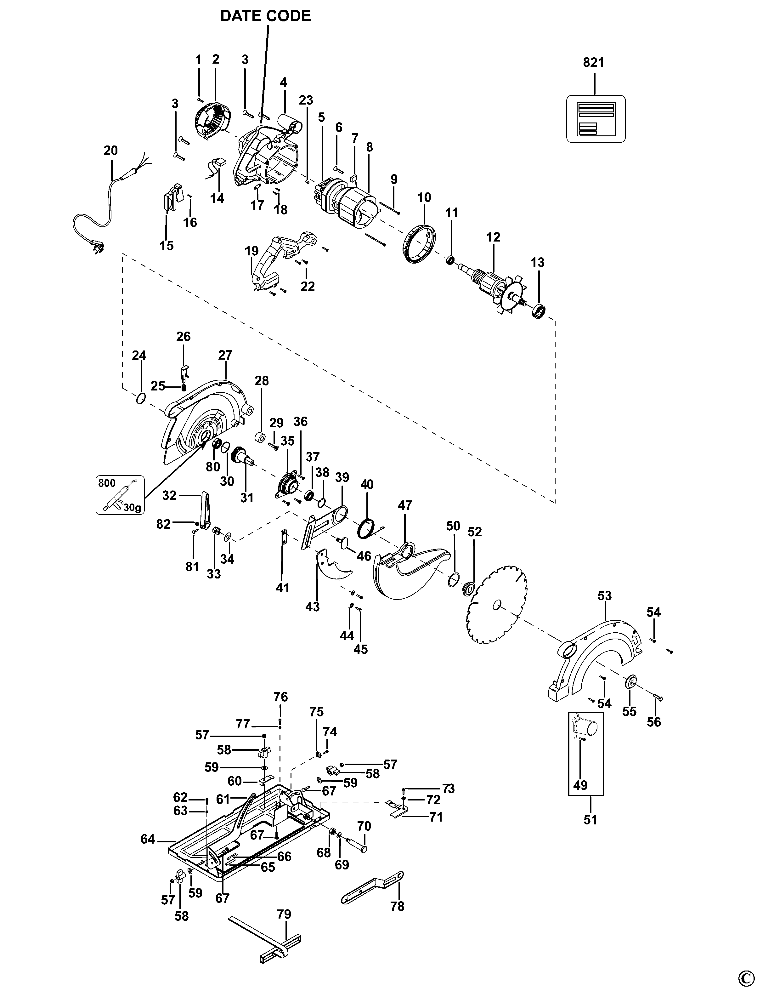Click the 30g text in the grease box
pyautogui.click(x=133, y=508)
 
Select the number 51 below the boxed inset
pyautogui.click(x=590, y=820)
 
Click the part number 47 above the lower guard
pyautogui.click(x=405, y=505)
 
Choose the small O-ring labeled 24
pyautogui.click(x=141, y=399)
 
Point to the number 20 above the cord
pyautogui.click(x=110, y=150)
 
